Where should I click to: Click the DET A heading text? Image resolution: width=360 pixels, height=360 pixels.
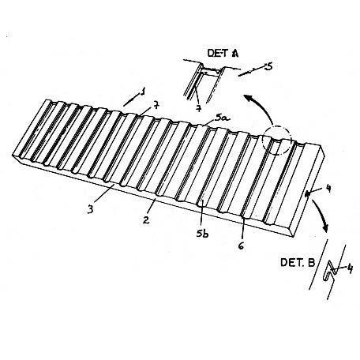point(223,53)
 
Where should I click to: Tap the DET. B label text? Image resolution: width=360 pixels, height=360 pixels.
point(298,262)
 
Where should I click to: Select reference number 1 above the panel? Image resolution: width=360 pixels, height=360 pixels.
point(143,92)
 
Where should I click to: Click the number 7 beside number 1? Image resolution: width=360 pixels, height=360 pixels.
point(156,106)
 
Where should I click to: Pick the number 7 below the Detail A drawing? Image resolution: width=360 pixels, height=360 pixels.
point(199,108)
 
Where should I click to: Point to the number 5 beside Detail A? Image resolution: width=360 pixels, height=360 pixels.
point(268,66)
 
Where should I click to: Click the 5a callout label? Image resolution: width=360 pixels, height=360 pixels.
point(223,118)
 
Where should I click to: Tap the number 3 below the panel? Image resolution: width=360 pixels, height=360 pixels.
point(91,209)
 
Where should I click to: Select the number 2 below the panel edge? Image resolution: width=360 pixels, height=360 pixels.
point(146,219)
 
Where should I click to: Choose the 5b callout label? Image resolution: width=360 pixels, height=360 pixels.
point(202,234)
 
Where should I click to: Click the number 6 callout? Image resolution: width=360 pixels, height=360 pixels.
point(241,246)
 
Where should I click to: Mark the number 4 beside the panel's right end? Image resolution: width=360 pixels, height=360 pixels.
point(328,188)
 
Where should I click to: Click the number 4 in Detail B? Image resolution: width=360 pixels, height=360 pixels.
point(350,268)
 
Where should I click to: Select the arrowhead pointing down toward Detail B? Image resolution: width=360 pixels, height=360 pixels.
point(325,227)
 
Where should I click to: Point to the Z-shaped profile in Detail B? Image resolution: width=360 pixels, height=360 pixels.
point(331,271)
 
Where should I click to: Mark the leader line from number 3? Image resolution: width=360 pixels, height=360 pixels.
point(103,193)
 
